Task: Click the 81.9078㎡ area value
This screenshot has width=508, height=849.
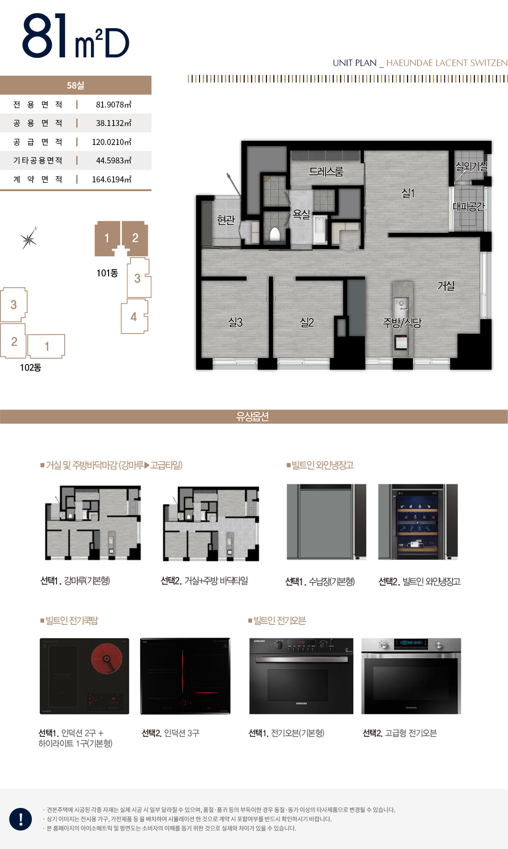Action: (x=113, y=105)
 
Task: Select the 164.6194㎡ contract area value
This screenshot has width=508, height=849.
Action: (x=111, y=180)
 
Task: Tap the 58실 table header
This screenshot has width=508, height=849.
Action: (x=75, y=85)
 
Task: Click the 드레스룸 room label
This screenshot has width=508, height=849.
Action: (x=326, y=172)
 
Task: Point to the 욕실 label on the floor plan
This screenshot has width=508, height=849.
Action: (x=301, y=214)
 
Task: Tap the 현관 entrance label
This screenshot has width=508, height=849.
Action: (x=226, y=220)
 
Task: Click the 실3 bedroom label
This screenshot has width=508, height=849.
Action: (x=235, y=322)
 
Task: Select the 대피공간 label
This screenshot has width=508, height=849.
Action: (x=468, y=207)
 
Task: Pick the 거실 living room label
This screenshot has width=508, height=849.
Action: (x=446, y=286)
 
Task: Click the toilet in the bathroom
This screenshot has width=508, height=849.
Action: (x=275, y=234)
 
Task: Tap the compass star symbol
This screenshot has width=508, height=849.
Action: (x=29, y=239)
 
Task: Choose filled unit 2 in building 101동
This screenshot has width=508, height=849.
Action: (x=135, y=238)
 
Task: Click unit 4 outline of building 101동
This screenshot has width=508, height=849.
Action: (x=134, y=317)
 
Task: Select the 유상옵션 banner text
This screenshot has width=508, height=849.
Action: (x=253, y=416)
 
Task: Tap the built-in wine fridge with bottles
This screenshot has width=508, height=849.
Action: (x=417, y=522)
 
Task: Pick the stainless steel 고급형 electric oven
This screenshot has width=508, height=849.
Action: (x=411, y=676)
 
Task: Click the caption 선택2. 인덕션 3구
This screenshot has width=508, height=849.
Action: (x=170, y=733)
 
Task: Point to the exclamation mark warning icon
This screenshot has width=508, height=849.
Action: (x=21, y=819)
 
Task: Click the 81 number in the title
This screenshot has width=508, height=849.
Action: (x=45, y=36)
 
